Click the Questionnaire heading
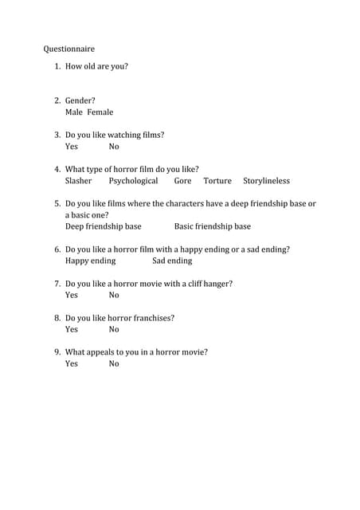point(68,49)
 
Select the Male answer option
point(74,112)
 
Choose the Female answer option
point(100,112)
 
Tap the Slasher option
point(78,181)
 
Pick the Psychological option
point(133,181)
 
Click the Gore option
point(182,181)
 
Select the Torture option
point(217,181)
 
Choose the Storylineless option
point(267,181)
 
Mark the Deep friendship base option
point(103,226)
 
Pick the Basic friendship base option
point(212,226)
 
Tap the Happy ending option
point(90,261)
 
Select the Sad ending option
point(172,261)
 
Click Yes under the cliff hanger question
point(72,295)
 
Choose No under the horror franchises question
point(114,329)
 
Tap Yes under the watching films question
point(72,147)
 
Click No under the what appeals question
point(114,363)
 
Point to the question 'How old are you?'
point(96,66)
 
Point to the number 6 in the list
point(57,249)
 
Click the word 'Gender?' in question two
point(80,101)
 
